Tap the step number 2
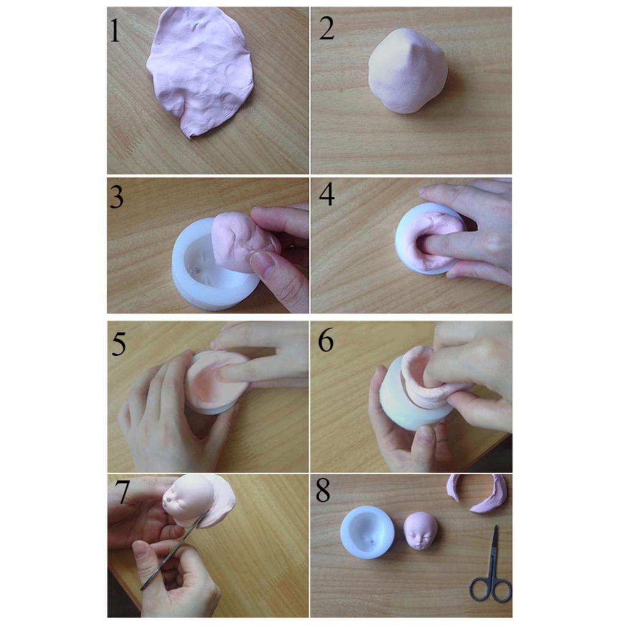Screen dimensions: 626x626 (326, 28)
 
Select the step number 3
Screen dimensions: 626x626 (116, 197)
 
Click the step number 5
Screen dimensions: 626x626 (118, 344)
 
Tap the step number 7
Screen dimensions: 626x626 (123, 493)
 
